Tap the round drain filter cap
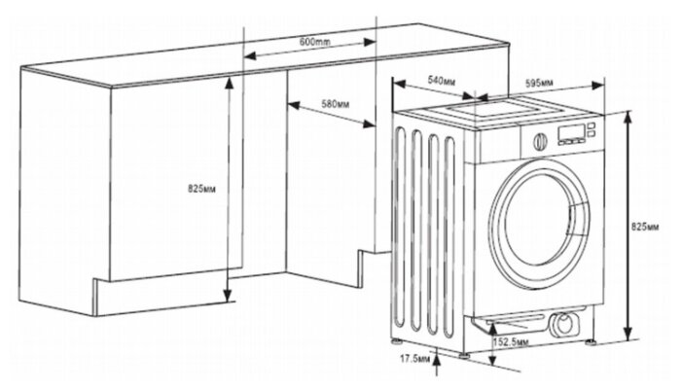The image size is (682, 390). click(560, 324)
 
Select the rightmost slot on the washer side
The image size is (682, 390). click(449, 233)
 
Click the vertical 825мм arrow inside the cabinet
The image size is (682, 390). click(229, 190)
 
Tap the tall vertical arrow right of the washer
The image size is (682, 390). click(628, 226)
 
